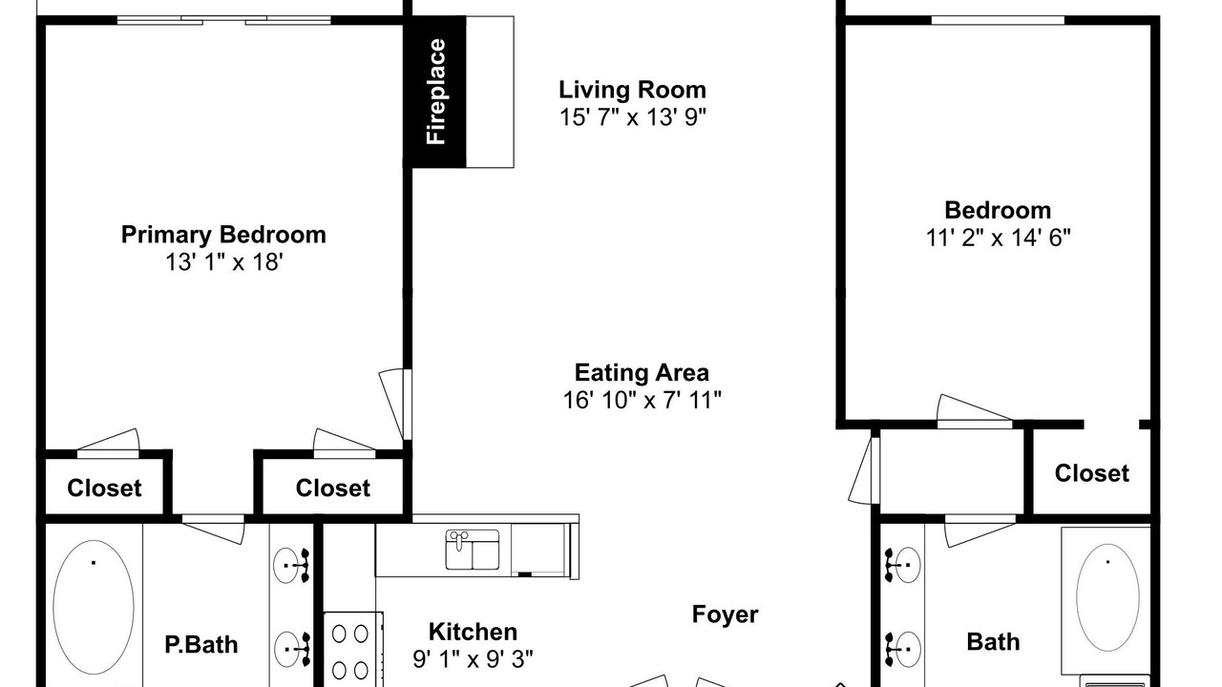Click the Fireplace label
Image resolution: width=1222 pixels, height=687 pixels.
436,92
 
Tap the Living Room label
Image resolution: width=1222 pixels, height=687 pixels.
632,90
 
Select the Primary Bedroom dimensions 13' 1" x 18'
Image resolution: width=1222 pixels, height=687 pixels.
224,262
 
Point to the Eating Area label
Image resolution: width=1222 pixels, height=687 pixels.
642,373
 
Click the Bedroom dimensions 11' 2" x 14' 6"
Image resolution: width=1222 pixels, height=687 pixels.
998,238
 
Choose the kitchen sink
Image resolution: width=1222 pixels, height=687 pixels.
473,550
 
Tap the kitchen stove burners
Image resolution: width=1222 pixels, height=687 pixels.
349,652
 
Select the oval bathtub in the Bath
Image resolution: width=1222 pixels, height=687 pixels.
1107,597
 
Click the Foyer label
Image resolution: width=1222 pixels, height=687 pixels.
725,615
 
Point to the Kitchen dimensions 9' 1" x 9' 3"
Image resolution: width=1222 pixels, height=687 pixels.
473,659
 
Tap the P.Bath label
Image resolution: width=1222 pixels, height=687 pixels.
201,645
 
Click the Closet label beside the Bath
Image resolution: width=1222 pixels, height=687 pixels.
1091,473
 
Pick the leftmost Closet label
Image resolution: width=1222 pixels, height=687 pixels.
104,488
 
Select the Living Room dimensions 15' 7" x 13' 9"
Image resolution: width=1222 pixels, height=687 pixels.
633,117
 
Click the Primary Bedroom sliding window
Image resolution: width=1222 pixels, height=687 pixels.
224,21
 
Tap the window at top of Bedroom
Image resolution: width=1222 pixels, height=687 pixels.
998,20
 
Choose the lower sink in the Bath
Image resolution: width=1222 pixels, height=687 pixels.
903,650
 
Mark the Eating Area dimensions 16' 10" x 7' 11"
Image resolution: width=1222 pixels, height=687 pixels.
643,400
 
